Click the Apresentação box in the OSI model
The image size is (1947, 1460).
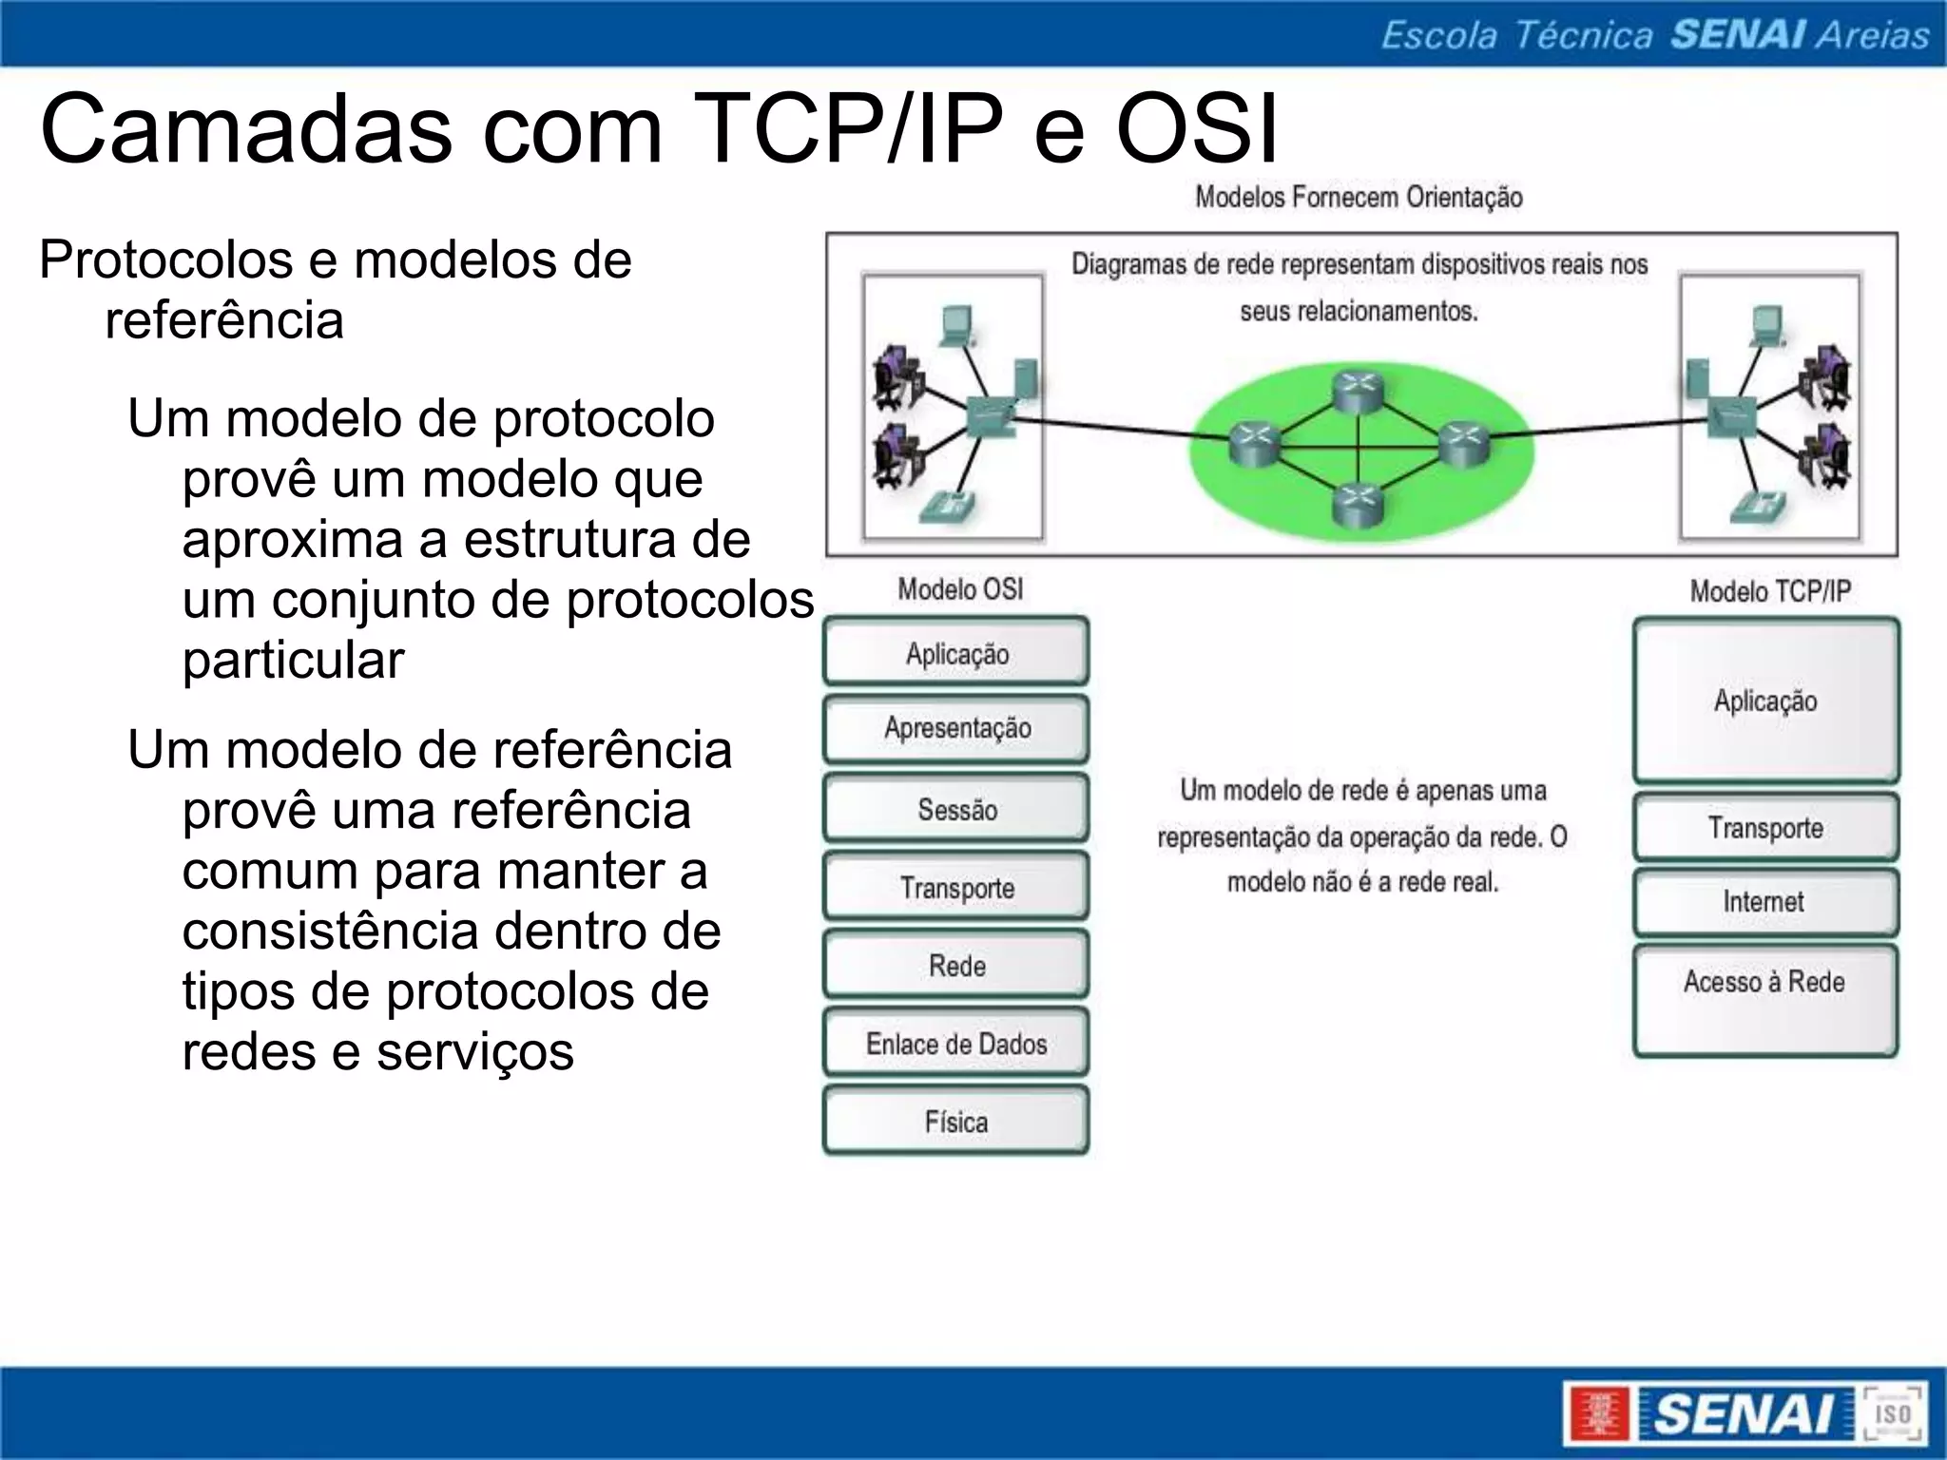click(x=956, y=729)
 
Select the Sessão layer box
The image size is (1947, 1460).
click(x=956, y=809)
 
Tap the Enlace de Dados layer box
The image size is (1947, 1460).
click(x=956, y=1044)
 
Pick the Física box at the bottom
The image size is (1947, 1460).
click(x=956, y=1122)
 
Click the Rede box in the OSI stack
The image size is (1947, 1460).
click(x=956, y=966)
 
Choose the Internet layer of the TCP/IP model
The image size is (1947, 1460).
click(x=1764, y=901)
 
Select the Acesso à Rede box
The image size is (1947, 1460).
click(x=1764, y=998)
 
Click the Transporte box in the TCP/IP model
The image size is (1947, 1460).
click(x=1764, y=828)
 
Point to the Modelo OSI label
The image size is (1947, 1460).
click(x=960, y=589)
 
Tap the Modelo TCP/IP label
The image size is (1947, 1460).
click(x=1770, y=591)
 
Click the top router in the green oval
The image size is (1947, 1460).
click(x=1358, y=391)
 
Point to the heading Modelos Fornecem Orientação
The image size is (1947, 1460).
click(x=1359, y=197)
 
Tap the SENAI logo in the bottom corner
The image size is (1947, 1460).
click(x=1745, y=1413)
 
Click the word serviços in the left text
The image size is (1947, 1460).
click(x=474, y=1051)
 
